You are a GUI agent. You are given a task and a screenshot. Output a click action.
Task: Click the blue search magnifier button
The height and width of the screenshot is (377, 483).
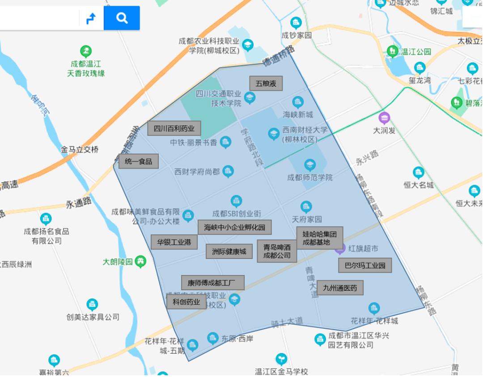pos(122,18)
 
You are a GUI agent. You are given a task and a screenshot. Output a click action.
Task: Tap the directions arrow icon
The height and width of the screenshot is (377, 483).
pos(91,18)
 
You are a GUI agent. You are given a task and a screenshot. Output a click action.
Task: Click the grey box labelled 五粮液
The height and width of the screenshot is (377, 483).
pos(266,83)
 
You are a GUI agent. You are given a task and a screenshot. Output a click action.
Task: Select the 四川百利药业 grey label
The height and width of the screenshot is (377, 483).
pos(174,128)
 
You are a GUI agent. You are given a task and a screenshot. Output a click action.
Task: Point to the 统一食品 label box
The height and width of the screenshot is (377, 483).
pos(139,161)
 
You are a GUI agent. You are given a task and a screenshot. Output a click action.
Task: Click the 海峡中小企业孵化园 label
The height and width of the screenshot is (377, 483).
pos(234,227)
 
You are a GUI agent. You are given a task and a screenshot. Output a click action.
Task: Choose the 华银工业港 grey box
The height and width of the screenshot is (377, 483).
pos(174,242)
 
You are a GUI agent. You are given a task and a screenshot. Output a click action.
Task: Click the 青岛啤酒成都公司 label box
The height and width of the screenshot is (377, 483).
pos(277,251)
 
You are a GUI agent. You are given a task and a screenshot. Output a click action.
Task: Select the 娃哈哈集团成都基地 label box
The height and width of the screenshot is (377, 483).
pos(319,237)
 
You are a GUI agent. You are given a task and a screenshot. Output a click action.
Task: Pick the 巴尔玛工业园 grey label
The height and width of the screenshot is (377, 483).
pos(365,265)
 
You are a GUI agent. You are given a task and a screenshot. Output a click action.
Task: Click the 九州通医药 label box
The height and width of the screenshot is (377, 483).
pos(340,288)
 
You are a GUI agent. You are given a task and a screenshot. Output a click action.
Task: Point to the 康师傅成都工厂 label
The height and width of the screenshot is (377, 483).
pos(212,283)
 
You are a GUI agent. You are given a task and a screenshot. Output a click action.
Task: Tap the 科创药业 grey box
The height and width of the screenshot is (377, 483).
pos(186,301)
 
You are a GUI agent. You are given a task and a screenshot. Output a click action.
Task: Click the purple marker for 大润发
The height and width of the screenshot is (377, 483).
pos(384,118)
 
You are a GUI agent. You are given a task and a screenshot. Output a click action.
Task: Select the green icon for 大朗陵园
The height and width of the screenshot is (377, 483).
pos(141,261)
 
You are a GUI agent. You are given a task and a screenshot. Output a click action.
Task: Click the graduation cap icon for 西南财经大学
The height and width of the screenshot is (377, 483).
pos(274,133)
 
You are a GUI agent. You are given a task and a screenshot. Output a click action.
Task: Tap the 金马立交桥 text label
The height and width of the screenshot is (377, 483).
pos(80,149)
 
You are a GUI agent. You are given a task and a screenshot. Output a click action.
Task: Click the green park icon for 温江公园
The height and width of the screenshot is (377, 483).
pos(393,51)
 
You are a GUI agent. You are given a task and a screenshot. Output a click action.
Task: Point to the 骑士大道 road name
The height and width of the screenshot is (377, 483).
pos(287,322)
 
